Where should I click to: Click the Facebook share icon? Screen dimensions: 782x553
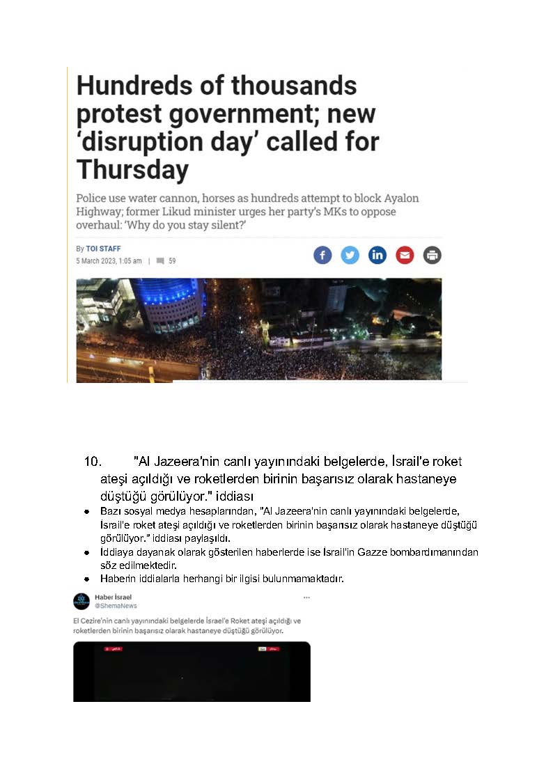pyautogui.click(x=322, y=255)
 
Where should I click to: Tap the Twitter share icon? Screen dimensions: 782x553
pyautogui.click(x=350, y=255)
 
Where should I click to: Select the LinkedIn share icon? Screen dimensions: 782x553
pyautogui.click(x=377, y=255)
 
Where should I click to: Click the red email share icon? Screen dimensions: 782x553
pyautogui.click(x=405, y=255)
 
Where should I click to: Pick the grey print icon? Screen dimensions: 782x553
pyautogui.click(x=433, y=255)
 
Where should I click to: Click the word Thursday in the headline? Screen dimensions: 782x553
pyautogui.click(x=132, y=169)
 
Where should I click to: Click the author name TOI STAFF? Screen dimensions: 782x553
pyautogui.click(x=103, y=249)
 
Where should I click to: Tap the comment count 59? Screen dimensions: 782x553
pyautogui.click(x=172, y=261)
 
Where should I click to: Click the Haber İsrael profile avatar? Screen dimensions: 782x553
pyautogui.click(x=81, y=601)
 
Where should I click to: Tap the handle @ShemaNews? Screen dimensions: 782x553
pyautogui.click(x=116, y=606)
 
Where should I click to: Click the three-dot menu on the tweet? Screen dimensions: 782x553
pyautogui.click(x=306, y=597)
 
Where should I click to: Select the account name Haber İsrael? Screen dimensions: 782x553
pyautogui.click(x=113, y=597)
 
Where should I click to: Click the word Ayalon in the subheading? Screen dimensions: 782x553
pyautogui.click(x=400, y=198)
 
